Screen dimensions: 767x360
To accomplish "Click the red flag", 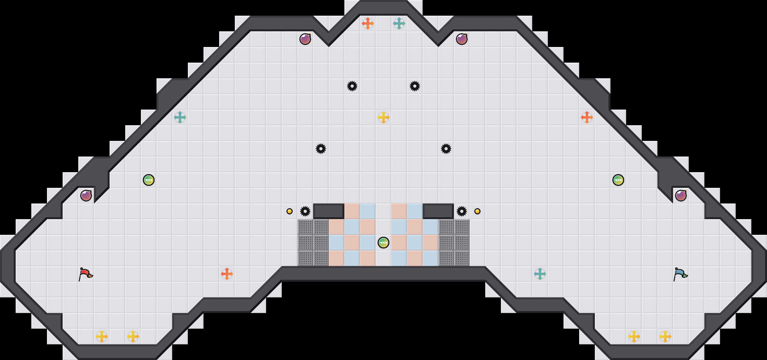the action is (x=85, y=274).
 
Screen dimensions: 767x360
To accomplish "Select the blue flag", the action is (x=680, y=274).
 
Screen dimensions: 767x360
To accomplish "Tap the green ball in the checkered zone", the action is (x=383, y=243).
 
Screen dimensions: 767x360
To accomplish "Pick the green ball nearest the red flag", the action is (x=149, y=180).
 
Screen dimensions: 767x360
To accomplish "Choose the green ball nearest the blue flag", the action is (x=618, y=180).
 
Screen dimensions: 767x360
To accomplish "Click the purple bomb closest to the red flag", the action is (x=86, y=196).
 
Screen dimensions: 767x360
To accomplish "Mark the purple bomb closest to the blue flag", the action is (x=681, y=196).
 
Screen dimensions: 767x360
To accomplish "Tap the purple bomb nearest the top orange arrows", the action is (x=305, y=39).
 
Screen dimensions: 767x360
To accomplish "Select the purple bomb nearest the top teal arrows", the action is (x=462, y=39).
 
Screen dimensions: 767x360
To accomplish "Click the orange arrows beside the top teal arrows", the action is (x=368, y=23).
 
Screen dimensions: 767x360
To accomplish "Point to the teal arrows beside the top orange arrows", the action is (x=399, y=23).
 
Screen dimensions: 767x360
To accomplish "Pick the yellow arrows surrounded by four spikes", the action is (x=383, y=117).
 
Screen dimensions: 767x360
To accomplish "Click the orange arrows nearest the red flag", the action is (x=227, y=274).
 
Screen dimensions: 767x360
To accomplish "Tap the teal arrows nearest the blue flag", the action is (x=540, y=274).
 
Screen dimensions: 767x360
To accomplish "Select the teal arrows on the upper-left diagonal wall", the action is (x=180, y=117).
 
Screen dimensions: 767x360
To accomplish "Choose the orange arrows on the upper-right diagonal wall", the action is (x=587, y=117).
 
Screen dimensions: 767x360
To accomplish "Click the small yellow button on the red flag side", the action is (x=290, y=211).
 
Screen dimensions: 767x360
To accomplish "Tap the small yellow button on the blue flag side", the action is (x=477, y=211).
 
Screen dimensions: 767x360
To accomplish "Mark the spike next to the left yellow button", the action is (x=305, y=211).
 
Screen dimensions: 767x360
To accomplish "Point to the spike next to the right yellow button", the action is (x=462, y=211).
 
